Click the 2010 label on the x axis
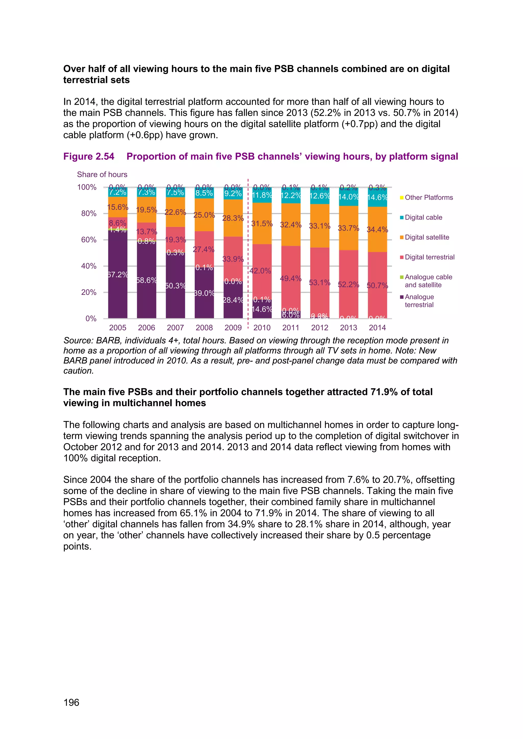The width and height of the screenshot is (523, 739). tap(261, 328)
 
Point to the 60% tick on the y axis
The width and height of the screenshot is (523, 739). tap(89, 240)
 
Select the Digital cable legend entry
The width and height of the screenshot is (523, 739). tap(423, 217)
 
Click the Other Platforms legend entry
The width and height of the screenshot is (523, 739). tap(428, 197)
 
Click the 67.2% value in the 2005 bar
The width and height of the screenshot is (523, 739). tap(117, 275)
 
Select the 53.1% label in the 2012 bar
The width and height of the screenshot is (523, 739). tap(319, 282)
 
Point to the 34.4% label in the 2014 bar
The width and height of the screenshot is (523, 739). tap(377, 229)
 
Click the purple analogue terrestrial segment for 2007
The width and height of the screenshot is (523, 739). tap(175, 299)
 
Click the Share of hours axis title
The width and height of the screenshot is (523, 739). tap(102, 175)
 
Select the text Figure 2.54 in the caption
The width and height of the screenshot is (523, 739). tap(89, 156)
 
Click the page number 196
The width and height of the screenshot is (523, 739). tap(71, 702)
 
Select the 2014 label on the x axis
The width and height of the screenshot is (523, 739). tap(377, 328)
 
